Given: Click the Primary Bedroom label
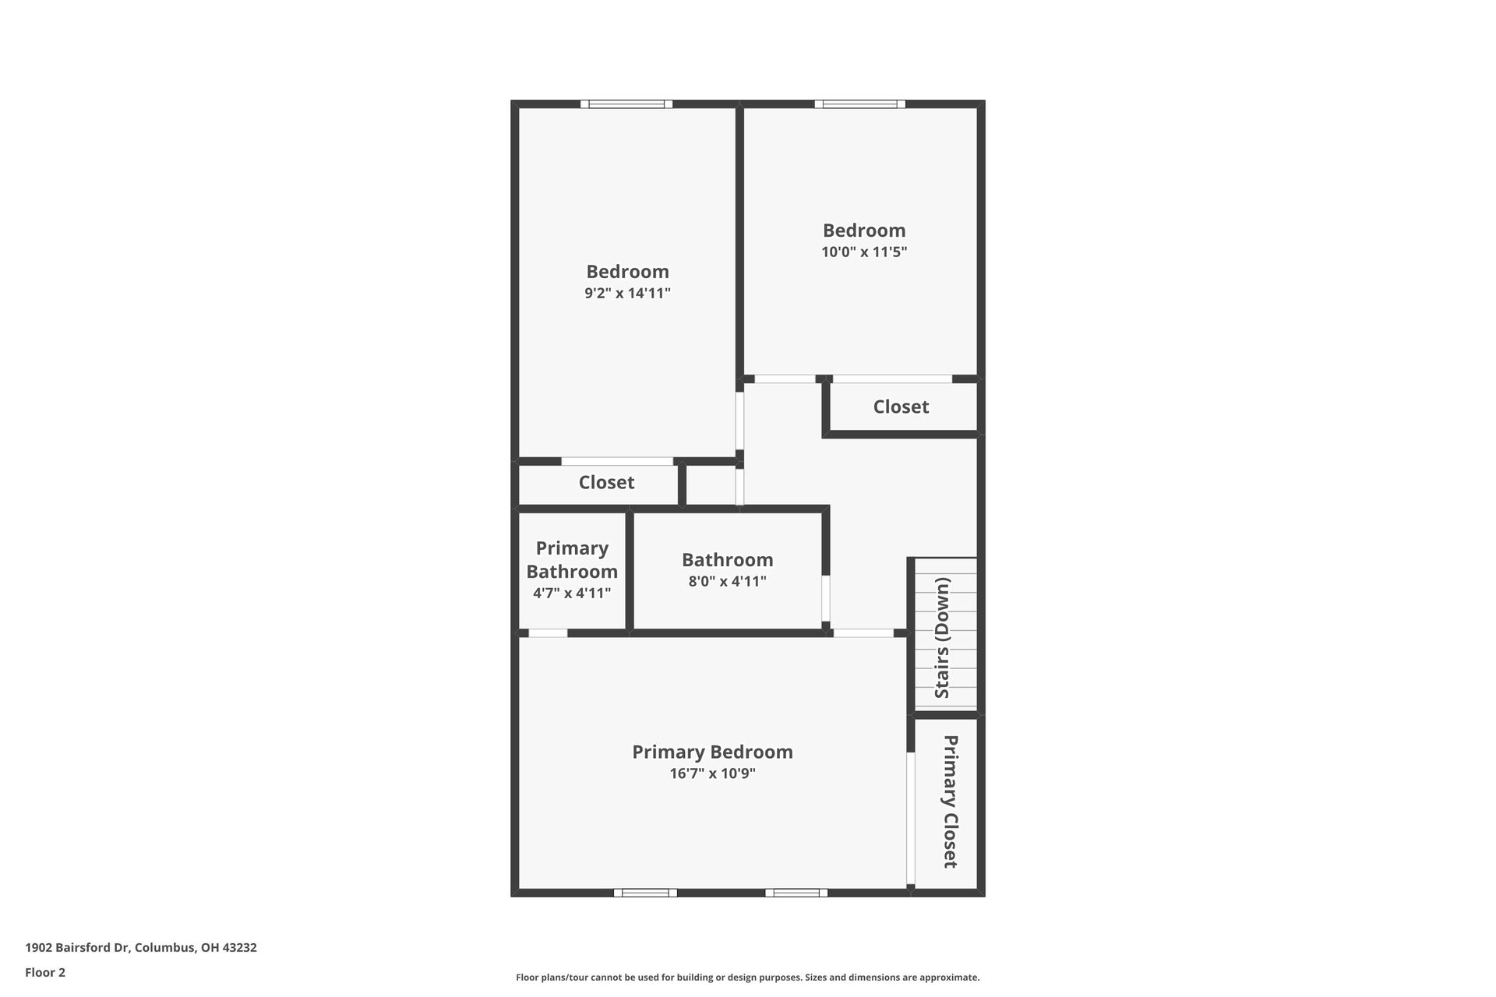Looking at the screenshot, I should pyautogui.click(x=712, y=752).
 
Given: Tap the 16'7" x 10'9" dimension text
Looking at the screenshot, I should pyautogui.click(x=712, y=773).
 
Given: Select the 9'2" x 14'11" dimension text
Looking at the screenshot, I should pyautogui.click(x=627, y=294).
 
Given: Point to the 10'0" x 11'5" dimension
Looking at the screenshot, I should pyautogui.click(x=864, y=252).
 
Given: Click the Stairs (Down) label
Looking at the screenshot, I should pyautogui.click(x=942, y=638).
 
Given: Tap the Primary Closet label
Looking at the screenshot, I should pyautogui.click(x=950, y=801).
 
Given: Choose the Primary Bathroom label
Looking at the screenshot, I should pyautogui.click(x=572, y=559).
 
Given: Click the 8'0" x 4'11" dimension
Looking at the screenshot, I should pyautogui.click(x=727, y=581).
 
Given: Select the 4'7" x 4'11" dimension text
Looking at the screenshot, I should pyautogui.click(x=572, y=594).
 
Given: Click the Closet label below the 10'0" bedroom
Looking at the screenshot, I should pyautogui.click(x=901, y=407).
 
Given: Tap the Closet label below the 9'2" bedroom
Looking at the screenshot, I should pyautogui.click(x=606, y=482).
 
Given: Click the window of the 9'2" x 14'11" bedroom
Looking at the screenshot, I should pyautogui.click(x=626, y=104).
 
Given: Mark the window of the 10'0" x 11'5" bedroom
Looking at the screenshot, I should pyautogui.click(x=860, y=104).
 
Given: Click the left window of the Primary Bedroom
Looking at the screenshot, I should pyautogui.click(x=645, y=893).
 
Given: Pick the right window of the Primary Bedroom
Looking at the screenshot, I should pyautogui.click(x=796, y=893).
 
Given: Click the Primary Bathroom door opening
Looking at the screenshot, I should pyautogui.click(x=548, y=633).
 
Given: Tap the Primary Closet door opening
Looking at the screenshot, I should pyautogui.click(x=910, y=818).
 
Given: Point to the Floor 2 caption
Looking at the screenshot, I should pyautogui.click(x=45, y=972).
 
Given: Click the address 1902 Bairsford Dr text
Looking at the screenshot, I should pyautogui.click(x=141, y=948).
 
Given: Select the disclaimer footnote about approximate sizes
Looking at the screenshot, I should pyautogui.click(x=747, y=978).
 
